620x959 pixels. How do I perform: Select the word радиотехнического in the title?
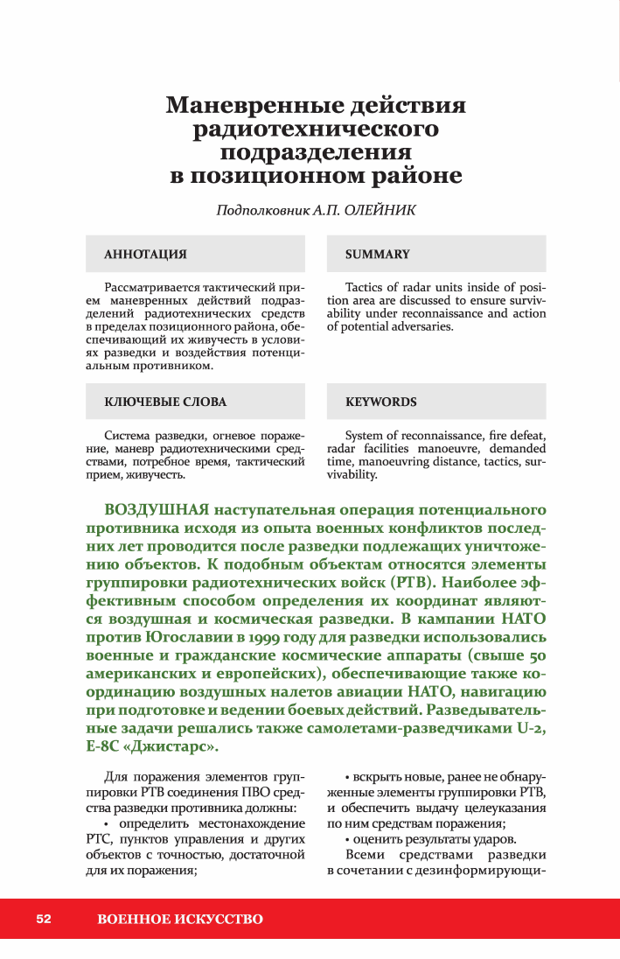click(x=316, y=130)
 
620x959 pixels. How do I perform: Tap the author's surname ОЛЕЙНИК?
click(x=380, y=210)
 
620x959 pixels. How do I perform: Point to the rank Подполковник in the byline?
click(x=261, y=210)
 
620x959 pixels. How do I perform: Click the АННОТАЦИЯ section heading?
click(x=145, y=255)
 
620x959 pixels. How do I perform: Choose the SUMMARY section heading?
click(x=377, y=255)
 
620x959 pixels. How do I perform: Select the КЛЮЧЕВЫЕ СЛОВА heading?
click(x=165, y=402)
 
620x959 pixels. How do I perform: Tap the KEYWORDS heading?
click(x=380, y=402)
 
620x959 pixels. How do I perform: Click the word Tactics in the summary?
click(x=366, y=287)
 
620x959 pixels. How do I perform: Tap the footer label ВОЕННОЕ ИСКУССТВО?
click(x=180, y=919)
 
